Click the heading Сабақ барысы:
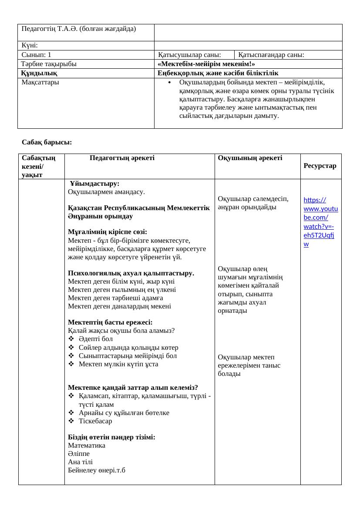point(47,142)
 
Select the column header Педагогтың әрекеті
point(122,158)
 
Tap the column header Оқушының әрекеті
point(250,158)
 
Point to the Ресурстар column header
point(320,166)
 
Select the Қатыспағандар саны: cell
point(271,55)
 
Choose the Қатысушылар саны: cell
point(189,55)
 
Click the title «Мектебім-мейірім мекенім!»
point(206,64)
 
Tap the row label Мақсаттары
point(40,82)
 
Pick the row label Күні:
point(30,45)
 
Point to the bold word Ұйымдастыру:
point(94,184)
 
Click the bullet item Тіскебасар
point(95,421)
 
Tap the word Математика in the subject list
point(87,445)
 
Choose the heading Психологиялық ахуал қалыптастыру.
point(131,273)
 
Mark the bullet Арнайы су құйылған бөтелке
point(124,413)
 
